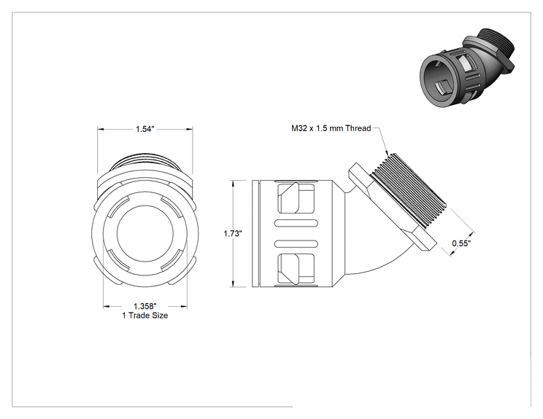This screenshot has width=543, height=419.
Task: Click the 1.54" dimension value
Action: [x=145, y=129]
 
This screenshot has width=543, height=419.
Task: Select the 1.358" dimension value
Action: [x=145, y=306]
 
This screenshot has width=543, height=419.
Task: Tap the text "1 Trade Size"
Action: [x=145, y=316]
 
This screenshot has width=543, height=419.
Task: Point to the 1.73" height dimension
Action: [x=232, y=234]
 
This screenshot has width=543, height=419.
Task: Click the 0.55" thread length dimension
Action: [x=461, y=243]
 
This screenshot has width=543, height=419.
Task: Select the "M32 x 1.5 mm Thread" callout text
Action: [x=331, y=128]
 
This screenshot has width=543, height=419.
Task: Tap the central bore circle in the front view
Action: [x=145, y=234]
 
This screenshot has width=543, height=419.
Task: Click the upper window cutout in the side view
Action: [x=297, y=198]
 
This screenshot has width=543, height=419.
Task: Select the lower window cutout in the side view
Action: [x=297, y=269]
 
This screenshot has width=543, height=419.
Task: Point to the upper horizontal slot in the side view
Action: [x=296, y=224]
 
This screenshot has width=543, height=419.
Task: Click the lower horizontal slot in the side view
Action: [x=296, y=243]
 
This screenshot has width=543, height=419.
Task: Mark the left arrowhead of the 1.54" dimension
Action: [x=101, y=129]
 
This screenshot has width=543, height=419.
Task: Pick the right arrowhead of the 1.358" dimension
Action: [x=183, y=306]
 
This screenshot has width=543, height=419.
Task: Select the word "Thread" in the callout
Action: [x=358, y=128]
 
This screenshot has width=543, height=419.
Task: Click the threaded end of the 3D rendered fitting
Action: [x=496, y=44]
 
